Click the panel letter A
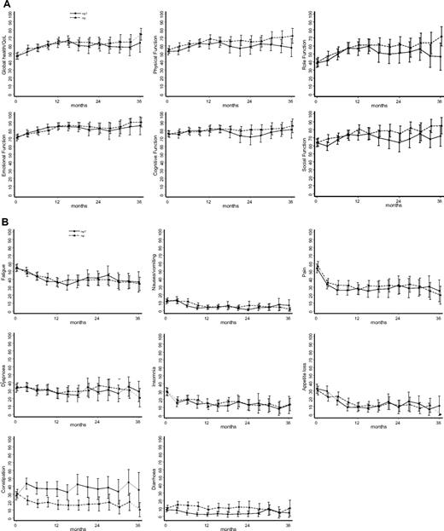[6, 5]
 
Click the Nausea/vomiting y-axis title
[155, 273]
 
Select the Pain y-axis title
[305, 273]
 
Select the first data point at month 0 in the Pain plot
[318, 267]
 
